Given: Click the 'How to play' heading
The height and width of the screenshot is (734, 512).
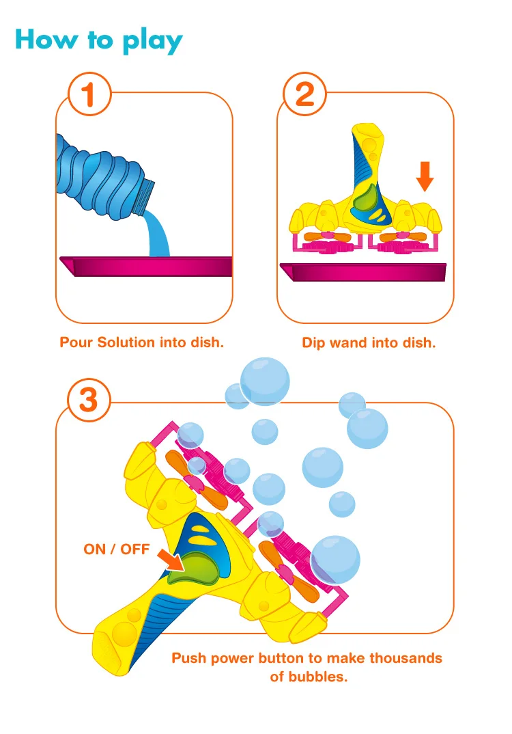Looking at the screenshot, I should [x=99, y=40].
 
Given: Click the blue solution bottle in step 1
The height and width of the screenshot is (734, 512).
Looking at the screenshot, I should [x=96, y=177].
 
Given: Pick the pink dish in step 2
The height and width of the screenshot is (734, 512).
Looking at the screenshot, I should [x=369, y=272].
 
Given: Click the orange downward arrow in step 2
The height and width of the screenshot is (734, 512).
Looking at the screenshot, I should [x=425, y=176].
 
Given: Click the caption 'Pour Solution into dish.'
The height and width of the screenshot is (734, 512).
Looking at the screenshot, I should [x=142, y=342].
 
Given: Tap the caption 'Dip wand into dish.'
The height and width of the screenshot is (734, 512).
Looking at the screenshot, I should [x=369, y=342].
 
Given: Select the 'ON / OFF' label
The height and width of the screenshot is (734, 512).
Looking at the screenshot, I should [x=116, y=549].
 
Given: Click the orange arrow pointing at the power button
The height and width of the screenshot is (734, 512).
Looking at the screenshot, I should [x=171, y=560].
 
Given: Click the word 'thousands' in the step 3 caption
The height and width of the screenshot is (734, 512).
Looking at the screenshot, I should [x=406, y=658].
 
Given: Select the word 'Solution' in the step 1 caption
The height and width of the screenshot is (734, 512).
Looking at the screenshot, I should [x=126, y=342].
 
